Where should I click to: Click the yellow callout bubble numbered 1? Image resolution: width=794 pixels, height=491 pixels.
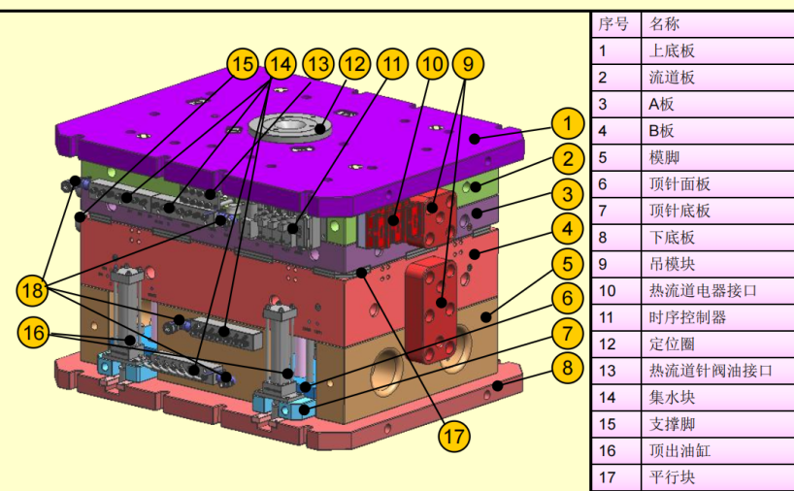567,124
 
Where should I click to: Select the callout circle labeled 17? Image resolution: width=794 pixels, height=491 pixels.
452,437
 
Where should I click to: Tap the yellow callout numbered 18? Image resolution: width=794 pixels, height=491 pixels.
34,289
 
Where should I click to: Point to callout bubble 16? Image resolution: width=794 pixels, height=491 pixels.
34,332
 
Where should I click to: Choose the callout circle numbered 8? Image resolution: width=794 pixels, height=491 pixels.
567,368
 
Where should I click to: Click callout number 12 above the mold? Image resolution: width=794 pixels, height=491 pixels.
354,64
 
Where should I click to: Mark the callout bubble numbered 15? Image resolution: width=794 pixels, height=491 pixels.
243,64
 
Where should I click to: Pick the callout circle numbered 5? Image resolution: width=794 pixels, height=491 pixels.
567,264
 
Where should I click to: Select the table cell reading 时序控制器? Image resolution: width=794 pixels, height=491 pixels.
687,317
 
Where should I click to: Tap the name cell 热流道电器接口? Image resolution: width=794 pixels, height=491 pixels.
701,290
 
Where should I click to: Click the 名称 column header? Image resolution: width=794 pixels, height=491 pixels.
664,23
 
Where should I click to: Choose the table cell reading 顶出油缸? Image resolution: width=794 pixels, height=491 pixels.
679,450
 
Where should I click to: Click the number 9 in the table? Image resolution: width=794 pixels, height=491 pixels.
604,264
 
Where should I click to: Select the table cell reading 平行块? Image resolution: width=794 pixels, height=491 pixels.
672,477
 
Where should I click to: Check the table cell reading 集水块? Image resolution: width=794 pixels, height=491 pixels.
672,397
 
